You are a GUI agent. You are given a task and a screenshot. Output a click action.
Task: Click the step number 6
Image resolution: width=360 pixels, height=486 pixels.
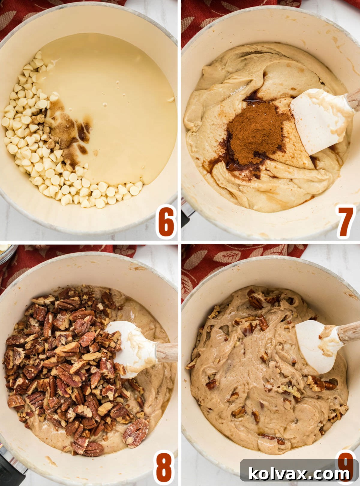(x=166, y=221)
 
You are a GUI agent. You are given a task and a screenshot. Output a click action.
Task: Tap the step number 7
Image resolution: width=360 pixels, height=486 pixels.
(x=346, y=221)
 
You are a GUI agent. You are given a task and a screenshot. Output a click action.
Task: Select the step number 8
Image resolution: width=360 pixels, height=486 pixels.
(x=164, y=467)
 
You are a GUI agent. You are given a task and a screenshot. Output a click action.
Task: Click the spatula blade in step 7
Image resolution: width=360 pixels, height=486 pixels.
(x=318, y=120)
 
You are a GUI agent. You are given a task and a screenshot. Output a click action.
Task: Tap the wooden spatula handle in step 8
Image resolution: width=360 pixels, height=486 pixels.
(x=167, y=352)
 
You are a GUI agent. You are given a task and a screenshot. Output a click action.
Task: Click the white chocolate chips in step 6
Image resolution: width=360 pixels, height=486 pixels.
(x=33, y=144)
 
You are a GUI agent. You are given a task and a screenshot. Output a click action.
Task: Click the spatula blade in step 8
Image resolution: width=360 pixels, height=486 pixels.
(x=132, y=348)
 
